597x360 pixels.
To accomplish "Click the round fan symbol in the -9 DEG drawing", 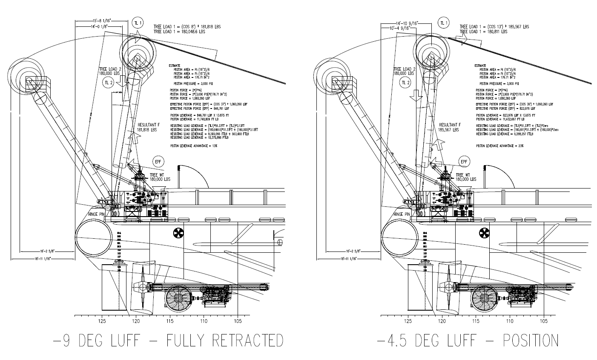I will (178, 233).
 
